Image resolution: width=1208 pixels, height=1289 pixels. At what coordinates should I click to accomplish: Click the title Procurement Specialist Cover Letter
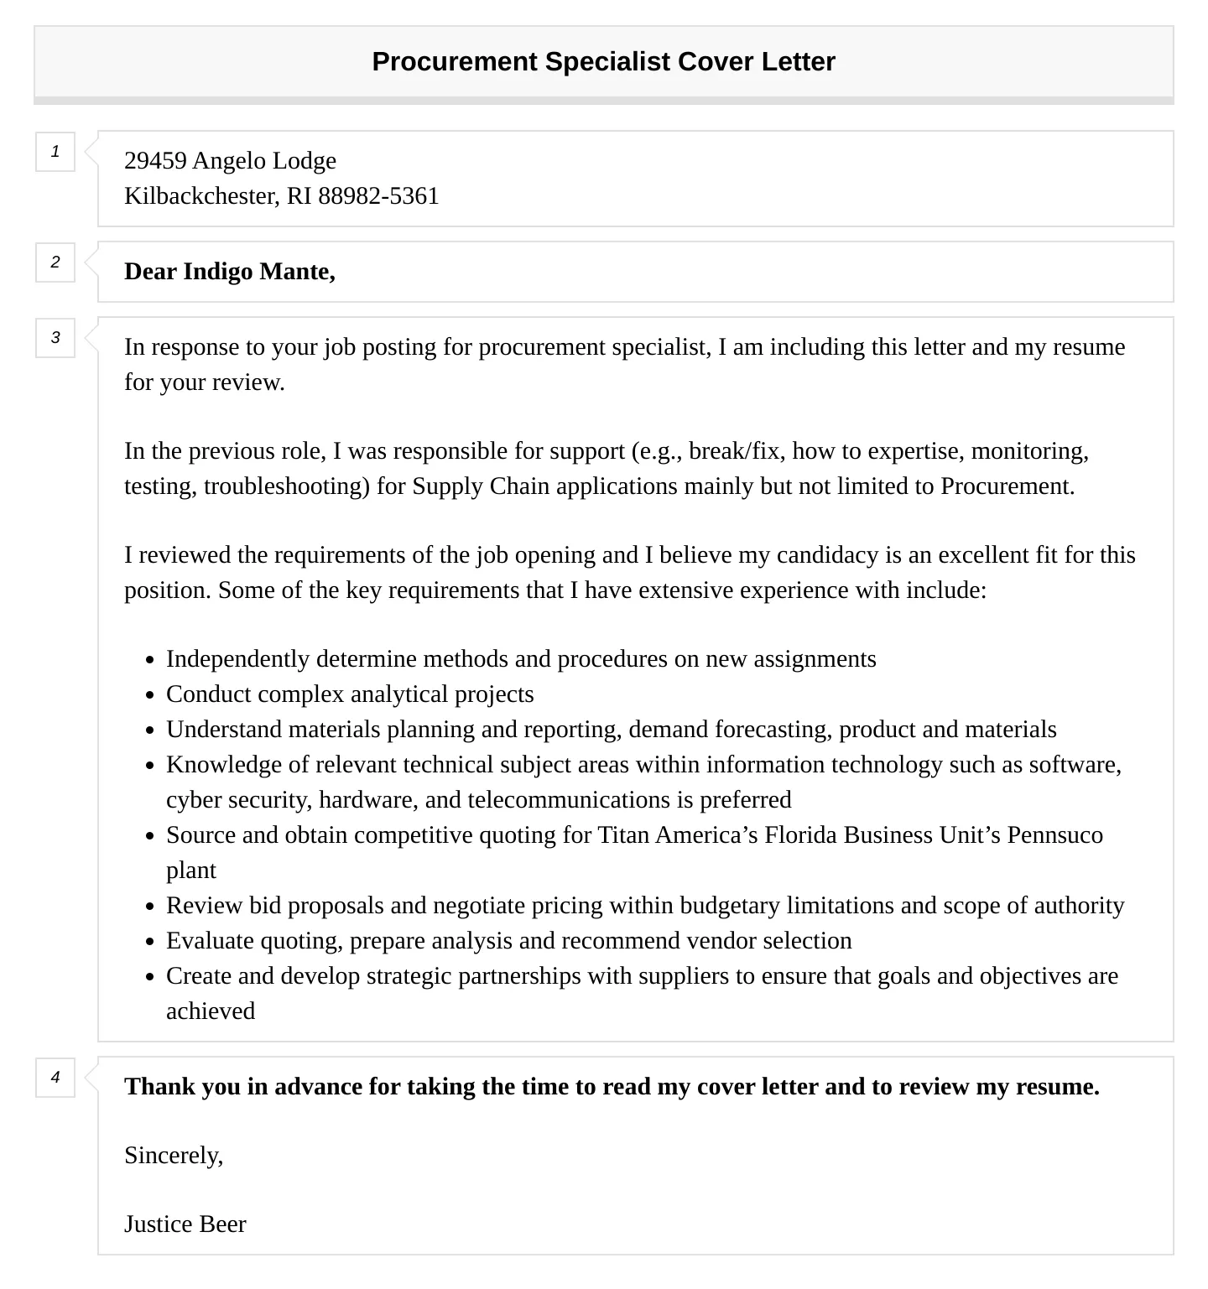coord(603,62)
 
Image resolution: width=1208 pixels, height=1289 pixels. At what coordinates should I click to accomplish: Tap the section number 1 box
coord(55,152)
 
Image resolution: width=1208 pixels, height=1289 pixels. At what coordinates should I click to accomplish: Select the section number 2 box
coord(55,262)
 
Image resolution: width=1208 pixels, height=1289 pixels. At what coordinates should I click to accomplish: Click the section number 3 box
coord(55,338)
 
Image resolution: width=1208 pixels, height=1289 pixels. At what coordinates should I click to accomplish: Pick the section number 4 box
coord(55,1078)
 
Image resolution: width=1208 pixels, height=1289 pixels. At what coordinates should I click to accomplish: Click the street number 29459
coord(155,161)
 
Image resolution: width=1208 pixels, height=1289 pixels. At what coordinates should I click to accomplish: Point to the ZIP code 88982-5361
coord(378,196)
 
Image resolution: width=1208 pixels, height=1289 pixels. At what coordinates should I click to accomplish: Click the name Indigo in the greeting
coord(217,272)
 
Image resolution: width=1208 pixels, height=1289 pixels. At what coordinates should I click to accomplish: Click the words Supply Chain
coord(461,486)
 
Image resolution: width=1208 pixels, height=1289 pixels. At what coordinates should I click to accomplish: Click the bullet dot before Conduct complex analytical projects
coord(149,695)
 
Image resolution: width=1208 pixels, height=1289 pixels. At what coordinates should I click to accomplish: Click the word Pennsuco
coord(1054,835)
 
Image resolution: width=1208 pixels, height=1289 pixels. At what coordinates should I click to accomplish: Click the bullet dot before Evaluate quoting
coord(149,942)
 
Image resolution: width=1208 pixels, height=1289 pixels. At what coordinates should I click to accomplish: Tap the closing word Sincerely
coord(172,1156)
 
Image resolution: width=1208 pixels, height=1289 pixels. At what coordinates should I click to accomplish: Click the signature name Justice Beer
coord(185,1224)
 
